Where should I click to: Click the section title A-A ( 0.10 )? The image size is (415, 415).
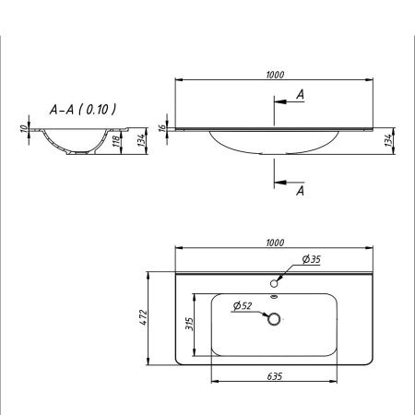pos(82,109)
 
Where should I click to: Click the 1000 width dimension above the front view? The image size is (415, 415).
pos(274,76)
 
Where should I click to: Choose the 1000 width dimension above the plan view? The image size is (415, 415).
pos(274,243)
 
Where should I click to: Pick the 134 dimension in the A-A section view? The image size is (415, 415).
pos(140,138)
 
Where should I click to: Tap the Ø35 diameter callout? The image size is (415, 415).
pos(311,261)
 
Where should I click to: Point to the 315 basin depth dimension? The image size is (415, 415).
pos(189,325)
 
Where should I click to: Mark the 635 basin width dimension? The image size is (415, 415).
pos(274,376)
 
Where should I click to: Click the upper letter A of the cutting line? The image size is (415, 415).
pos(300,94)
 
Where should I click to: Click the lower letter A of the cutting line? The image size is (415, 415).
pos(300,191)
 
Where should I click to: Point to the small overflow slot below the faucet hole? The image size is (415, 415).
pos(274,297)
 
